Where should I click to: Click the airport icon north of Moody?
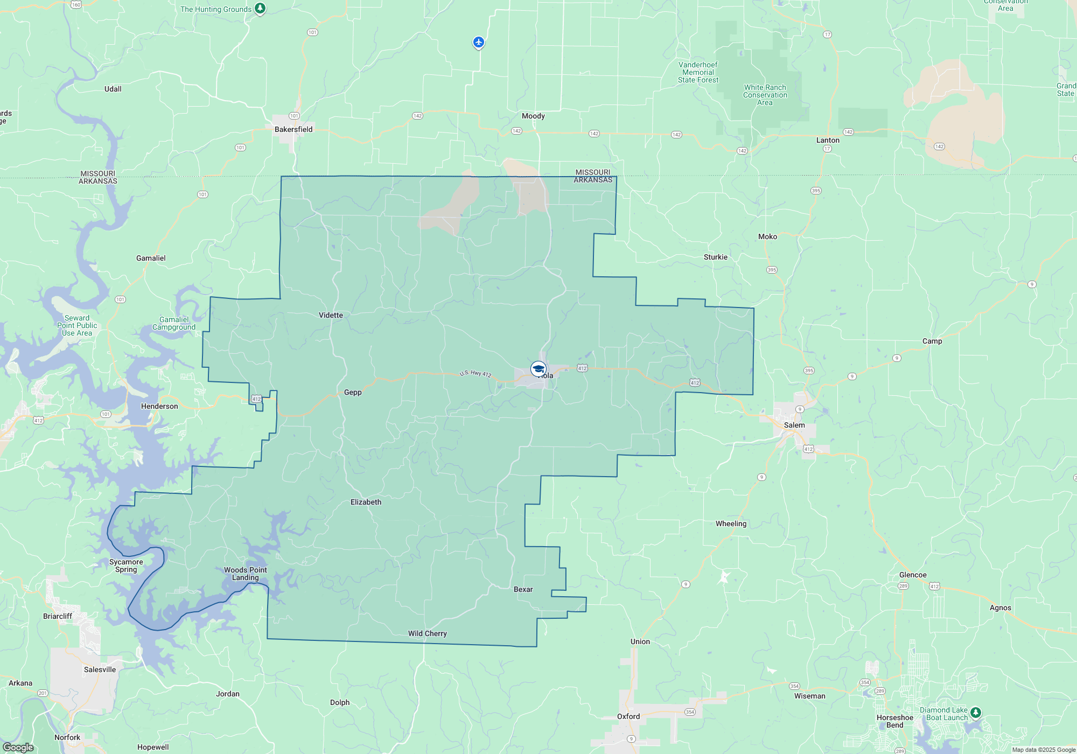click(x=478, y=42)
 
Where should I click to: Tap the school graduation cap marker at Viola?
click(x=538, y=369)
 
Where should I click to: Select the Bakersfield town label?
click(x=293, y=129)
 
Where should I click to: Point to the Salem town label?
click(x=794, y=425)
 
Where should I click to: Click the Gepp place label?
click(x=353, y=392)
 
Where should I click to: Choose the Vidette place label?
click(x=331, y=315)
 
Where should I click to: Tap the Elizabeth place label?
click(x=366, y=502)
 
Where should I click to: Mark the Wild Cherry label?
click(x=428, y=633)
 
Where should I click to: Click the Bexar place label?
click(x=523, y=589)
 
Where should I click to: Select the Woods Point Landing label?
click(x=246, y=574)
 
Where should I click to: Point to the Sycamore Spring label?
click(x=126, y=565)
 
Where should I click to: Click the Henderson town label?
click(x=159, y=406)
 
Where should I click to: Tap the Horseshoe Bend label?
click(x=895, y=721)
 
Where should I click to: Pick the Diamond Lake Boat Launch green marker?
click(x=975, y=713)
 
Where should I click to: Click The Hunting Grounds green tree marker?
click(x=260, y=8)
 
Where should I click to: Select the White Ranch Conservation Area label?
click(x=765, y=95)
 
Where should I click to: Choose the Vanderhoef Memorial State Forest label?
click(x=698, y=72)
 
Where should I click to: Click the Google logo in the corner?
click(x=18, y=747)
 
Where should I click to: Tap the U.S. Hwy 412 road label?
click(x=475, y=373)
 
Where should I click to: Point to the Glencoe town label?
click(x=913, y=575)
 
